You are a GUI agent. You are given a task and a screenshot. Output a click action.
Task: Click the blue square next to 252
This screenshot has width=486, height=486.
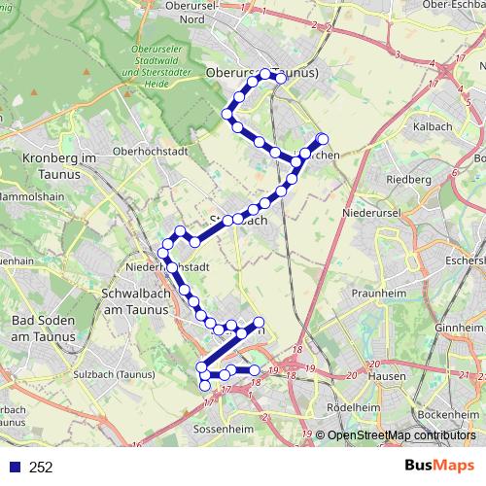click(12, 468)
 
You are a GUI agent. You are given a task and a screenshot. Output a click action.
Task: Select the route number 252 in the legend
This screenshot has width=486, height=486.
click(41, 468)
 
